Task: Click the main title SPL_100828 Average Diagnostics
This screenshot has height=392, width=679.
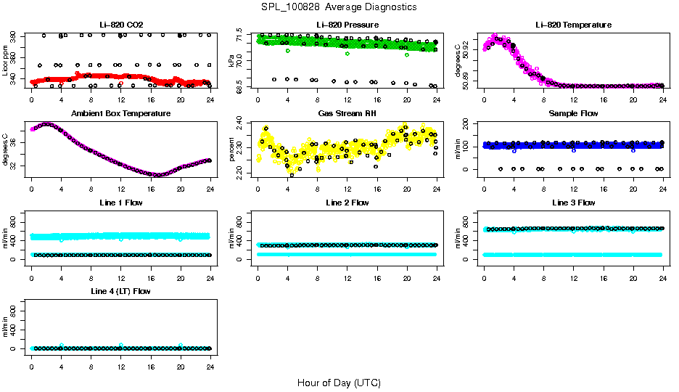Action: [339, 7]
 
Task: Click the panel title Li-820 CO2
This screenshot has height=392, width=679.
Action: [120, 25]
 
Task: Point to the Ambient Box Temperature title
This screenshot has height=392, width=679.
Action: [120, 114]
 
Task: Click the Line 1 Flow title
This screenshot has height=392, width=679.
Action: [120, 203]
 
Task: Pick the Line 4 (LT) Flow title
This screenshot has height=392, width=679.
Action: [120, 291]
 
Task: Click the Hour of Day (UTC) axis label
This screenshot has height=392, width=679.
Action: [339, 383]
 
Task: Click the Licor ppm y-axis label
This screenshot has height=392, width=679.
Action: [6, 60]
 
